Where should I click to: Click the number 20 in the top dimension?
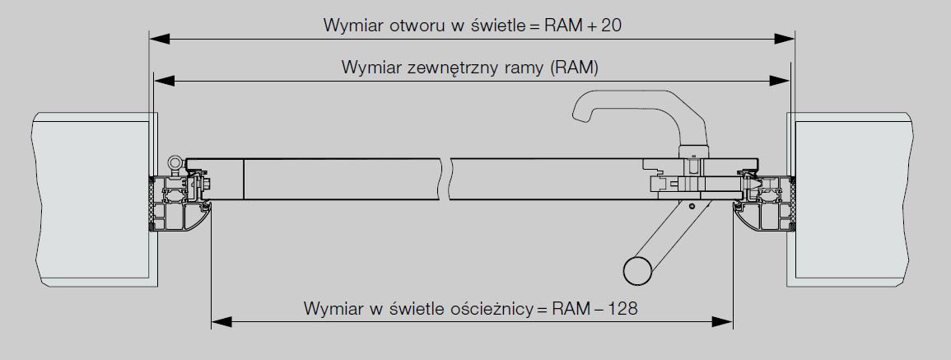609,26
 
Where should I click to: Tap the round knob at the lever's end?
636,271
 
